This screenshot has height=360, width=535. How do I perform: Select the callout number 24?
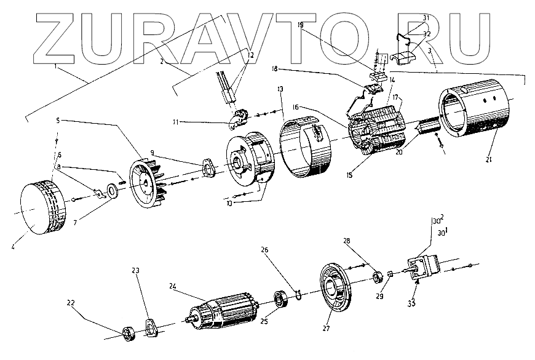(174, 286)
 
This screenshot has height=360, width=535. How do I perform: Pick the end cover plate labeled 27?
(335, 289)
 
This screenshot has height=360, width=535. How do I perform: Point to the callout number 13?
(281, 90)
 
